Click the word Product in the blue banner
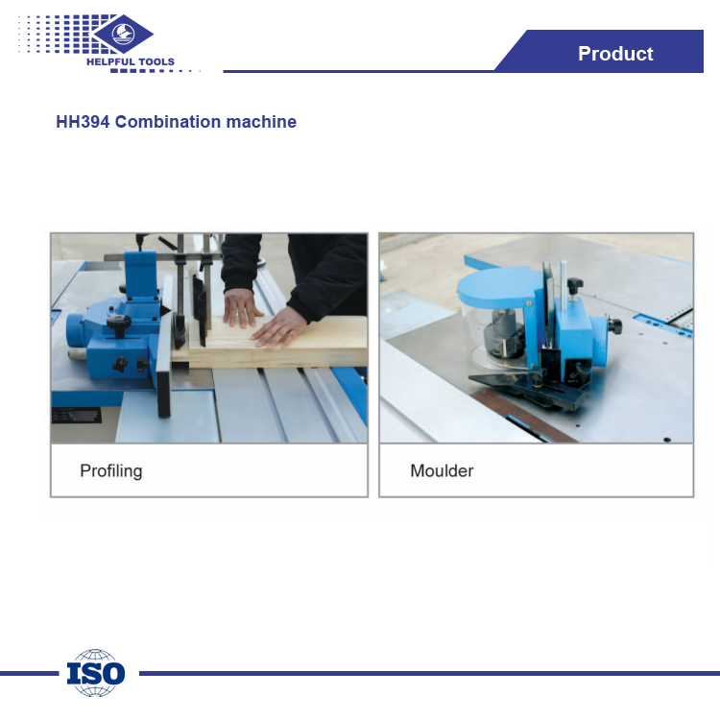(x=615, y=54)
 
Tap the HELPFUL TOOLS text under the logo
(x=131, y=62)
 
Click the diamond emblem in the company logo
(x=123, y=34)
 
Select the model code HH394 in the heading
(x=83, y=122)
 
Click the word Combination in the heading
(x=168, y=122)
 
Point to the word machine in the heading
(x=261, y=122)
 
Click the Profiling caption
(x=111, y=471)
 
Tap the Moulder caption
(x=442, y=470)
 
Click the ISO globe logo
(x=95, y=673)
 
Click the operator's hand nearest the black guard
(x=241, y=308)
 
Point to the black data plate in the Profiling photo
(x=76, y=416)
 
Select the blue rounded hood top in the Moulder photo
(x=497, y=286)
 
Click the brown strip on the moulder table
(x=523, y=415)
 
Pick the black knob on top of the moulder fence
(x=574, y=285)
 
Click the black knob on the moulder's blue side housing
(x=614, y=326)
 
